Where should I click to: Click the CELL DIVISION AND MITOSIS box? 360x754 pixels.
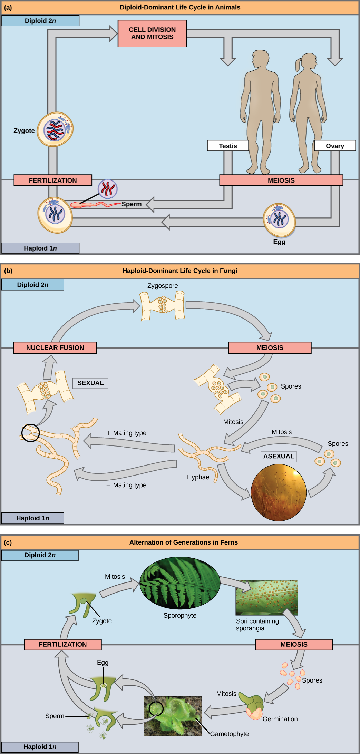point(152,33)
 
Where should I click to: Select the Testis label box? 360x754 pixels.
point(228,146)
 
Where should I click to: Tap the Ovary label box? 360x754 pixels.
point(334,146)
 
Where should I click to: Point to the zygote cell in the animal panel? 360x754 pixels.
point(55,129)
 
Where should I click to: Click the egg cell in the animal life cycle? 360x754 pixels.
point(279,220)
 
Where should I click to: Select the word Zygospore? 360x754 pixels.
point(163,286)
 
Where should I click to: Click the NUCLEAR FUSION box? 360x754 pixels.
point(55,348)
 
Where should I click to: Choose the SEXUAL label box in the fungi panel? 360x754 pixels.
point(90,383)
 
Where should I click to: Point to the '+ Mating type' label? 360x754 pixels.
point(127,433)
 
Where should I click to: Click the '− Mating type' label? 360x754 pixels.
point(127,485)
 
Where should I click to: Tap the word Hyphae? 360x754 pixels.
point(198,477)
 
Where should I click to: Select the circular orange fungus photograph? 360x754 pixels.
point(279,492)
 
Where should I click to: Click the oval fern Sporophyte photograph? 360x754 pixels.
point(180,583)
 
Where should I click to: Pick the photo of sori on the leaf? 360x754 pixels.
point(266,598)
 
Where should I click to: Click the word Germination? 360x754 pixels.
point(280,719)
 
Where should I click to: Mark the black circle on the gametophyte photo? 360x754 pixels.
point(156,709)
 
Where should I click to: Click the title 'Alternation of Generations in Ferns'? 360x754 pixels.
point(183,542)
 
